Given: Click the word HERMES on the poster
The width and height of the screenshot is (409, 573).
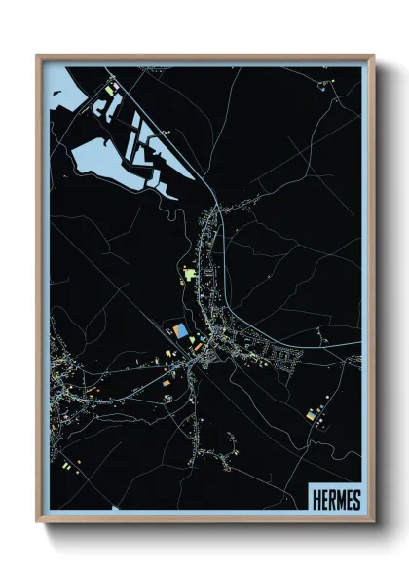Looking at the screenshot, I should click(337, 500).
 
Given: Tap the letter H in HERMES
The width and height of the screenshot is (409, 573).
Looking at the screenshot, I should click(317, 500).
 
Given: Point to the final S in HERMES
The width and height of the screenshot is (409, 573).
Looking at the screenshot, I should click(356, 500).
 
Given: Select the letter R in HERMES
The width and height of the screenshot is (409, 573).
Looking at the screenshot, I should click(332, 500).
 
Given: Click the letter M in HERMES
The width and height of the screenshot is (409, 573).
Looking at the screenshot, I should click(341, 500).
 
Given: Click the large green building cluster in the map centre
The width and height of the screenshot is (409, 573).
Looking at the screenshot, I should click(191, 274).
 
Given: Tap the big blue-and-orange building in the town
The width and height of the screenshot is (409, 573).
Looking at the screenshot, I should click(181, 332).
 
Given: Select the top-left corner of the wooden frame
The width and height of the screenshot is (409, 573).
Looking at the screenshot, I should click(38, 56).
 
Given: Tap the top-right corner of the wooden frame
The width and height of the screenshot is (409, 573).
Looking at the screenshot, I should click(373, 56).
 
